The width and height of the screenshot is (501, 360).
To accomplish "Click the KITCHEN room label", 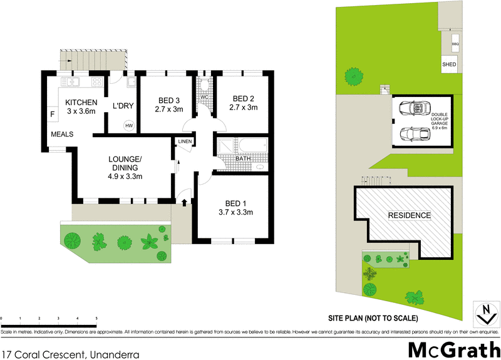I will [81, 103].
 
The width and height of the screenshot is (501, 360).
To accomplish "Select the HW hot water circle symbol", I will [129, 125].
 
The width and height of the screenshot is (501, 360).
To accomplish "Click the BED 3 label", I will [169, 100].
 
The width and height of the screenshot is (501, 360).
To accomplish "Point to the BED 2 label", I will [243, 98].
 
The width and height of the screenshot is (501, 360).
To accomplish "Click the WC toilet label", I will [204, 98].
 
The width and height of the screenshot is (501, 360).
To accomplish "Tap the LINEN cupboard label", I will [185, 142].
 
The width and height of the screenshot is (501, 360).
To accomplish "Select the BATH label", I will [243, 159].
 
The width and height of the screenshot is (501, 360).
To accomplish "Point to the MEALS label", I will [63, 134].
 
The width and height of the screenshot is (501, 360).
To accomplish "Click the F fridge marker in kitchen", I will [53, 115].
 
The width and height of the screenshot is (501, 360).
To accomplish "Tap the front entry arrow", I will [185, 202].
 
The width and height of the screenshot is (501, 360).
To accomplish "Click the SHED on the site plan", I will [449, 64].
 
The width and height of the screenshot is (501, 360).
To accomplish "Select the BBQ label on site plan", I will [455, 44].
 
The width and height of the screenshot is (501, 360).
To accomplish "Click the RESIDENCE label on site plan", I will [410, 215].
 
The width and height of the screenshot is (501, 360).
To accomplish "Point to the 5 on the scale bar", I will [96, 319].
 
